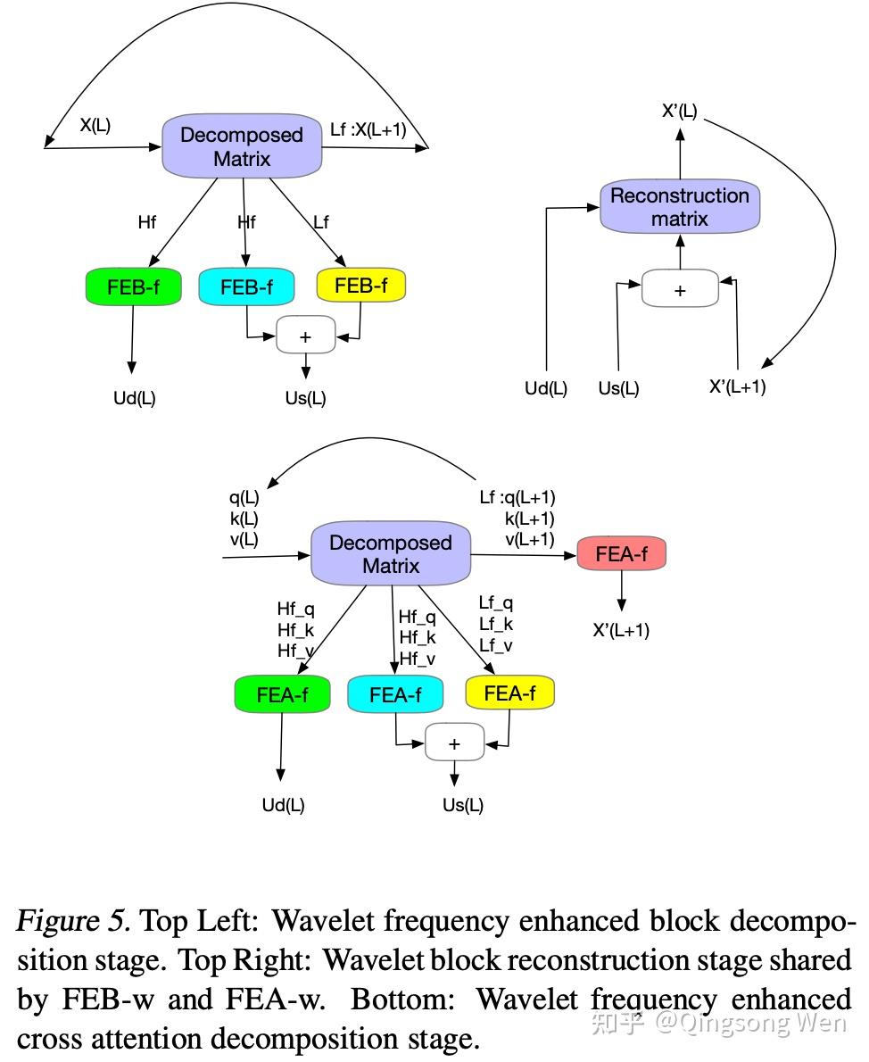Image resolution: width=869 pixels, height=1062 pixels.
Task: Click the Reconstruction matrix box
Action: [x=680, y=207]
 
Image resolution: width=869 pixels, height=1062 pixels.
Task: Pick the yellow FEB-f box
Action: [x=360, y=286]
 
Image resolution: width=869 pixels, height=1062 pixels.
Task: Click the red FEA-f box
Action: [x=622, y=554]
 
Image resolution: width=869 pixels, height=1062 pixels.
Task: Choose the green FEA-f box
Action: [x=282, y=694]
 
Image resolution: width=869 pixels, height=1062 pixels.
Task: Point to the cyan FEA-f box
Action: [x=395, y=694]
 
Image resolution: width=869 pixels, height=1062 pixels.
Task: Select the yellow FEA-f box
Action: [x=509, y=693]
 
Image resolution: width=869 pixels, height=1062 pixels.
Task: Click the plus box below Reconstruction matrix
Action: [x=680, y=290]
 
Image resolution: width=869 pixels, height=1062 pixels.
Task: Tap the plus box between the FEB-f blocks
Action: [x=305, y=336]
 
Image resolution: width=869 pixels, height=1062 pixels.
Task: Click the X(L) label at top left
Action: [x=95, y=125]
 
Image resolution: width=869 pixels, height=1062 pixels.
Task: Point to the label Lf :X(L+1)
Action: [x=368, y=130]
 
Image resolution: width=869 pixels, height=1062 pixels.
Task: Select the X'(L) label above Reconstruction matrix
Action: [x=680, y=112]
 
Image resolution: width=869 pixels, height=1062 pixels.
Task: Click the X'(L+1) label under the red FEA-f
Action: [x=621, y=631]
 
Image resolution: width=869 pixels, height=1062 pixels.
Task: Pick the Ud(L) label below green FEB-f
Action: [x=134, y=398]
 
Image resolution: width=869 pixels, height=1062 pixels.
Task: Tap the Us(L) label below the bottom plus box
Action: [x=463, y=805]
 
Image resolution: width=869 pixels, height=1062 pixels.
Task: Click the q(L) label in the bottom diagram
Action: [x=244, y=498]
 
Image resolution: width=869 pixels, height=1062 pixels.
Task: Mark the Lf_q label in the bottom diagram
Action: [x=496, y=603]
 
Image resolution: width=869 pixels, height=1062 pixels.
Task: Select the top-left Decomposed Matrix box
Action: [x=242, y=146]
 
